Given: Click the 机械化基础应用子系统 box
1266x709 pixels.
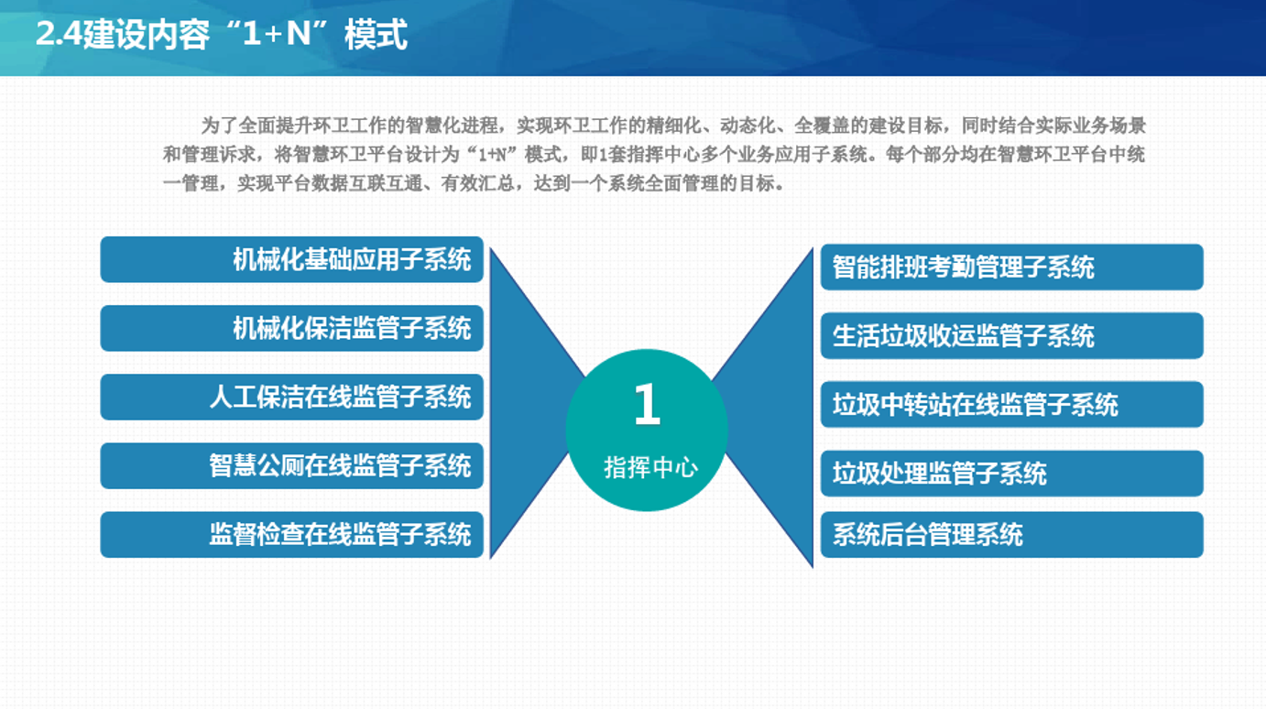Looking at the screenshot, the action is click(x=291, y=259).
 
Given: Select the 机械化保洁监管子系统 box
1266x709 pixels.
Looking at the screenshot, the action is click(x=291, y=328).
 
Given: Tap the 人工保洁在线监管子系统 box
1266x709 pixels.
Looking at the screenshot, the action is click(x=291, y=397).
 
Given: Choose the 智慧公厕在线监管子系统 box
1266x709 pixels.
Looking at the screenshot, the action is click(x=291, y=465).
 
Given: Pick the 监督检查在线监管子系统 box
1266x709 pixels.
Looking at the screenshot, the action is click(x=291, y=534).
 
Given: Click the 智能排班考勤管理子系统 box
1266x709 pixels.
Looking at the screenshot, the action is click(x=1011, y=267).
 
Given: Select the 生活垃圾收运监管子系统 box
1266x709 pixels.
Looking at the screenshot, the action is click(x=1011, y=335).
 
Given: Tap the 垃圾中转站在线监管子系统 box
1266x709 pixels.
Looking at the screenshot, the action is click(x=1011, y=404).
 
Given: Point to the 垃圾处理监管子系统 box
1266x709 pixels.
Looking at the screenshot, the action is click(x=1011, y=473).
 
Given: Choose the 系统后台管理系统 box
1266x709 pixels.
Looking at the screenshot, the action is click(x=1011, y=534).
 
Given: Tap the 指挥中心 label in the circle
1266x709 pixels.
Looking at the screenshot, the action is click(x=650, y=467).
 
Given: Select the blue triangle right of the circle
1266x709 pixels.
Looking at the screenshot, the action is click(x=777, y=407).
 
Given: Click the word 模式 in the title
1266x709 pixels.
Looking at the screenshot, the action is click(x=376, y=34).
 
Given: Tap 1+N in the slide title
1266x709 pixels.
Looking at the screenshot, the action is click(x=277, y=34).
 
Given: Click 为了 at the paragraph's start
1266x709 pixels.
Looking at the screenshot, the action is click(x=219, y=125).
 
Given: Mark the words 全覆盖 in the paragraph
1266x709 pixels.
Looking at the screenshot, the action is click(x=822, y=125).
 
